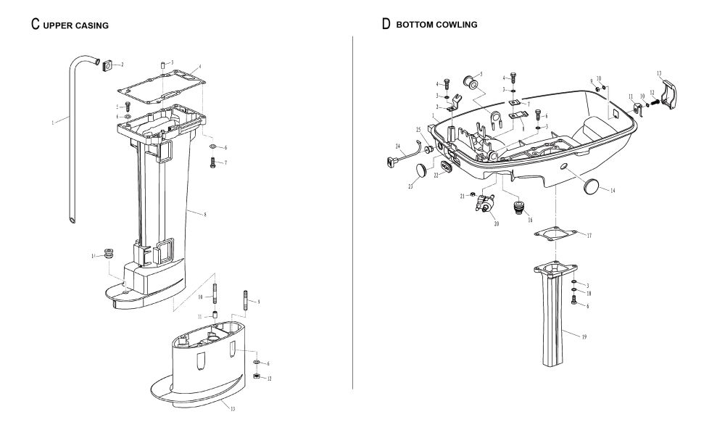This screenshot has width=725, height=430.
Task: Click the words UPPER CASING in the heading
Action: point(75,25)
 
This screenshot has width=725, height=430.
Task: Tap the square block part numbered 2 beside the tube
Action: point(106,65)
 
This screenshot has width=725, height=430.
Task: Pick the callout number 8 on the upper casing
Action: point(205,214)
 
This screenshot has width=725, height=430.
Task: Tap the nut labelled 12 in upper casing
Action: point(257,377)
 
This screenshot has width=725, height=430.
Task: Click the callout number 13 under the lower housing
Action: point(232,409)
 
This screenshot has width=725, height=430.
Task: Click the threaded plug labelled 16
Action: point(518,208)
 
